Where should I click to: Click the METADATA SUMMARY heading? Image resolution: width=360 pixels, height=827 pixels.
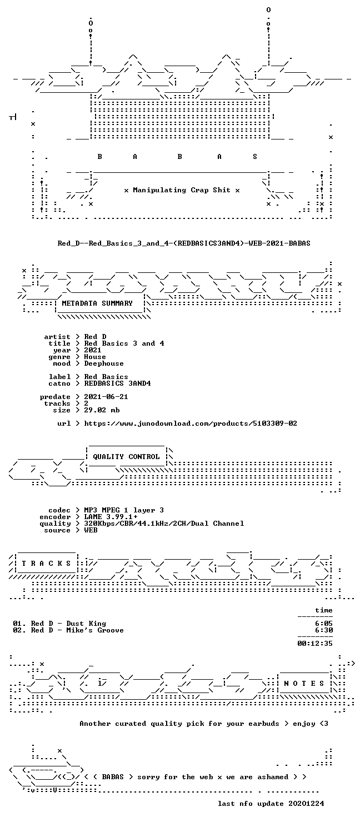[97, 303]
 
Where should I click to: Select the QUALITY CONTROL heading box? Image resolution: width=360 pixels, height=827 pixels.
[126, 457]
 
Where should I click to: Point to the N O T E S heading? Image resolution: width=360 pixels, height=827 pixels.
[304, 684]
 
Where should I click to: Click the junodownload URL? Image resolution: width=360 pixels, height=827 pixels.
[191, 424]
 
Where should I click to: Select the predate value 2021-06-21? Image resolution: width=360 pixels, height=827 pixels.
[106, 397]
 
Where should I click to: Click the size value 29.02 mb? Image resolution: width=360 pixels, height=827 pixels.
[102, 410]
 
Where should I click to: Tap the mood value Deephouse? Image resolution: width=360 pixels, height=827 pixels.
[104, 363]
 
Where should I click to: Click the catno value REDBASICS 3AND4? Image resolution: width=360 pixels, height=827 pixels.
[117, 383]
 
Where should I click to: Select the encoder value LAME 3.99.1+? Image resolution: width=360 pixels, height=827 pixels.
[111, 517]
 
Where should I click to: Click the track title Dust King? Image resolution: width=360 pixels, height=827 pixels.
[86, 624]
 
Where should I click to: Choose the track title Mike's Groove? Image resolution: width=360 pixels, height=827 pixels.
[95, 630]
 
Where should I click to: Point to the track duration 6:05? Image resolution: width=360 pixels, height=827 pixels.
[324, 624]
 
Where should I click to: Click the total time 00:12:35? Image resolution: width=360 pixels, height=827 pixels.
[315, 644]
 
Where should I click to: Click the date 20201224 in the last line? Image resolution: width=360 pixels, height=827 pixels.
[307, 804]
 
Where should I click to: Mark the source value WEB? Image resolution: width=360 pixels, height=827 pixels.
[91, 530]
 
